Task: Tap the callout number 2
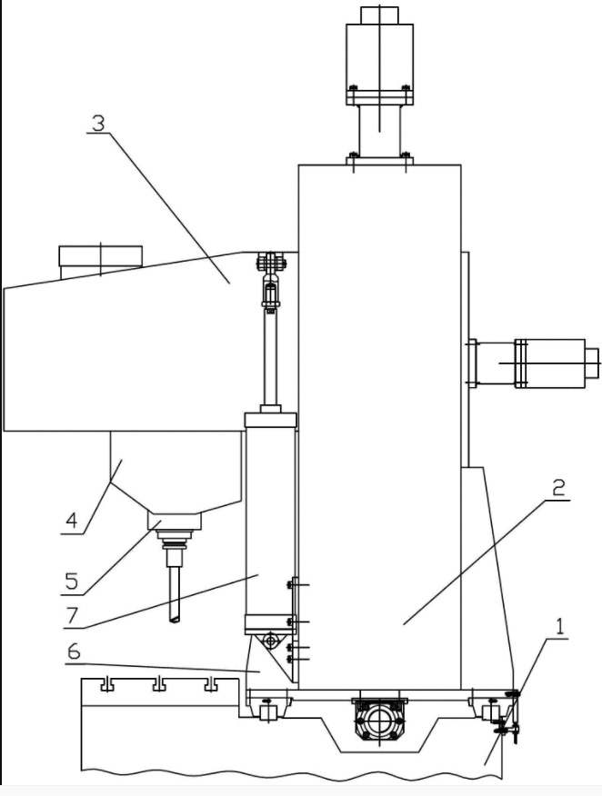(x=558, y=488)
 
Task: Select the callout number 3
(x=98, y=123)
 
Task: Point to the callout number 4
(x=72, y=522)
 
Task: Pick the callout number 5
(x=72, y=582)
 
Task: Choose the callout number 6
(x=74, y=652)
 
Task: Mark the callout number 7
(x=72, y=615)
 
